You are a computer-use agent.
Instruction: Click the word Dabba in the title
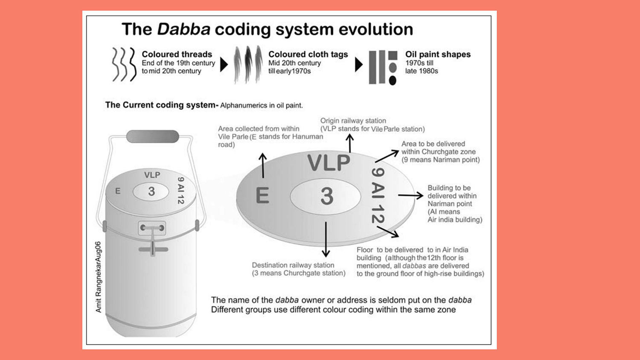[x=184, y=29]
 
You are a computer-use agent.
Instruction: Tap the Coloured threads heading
[x=177, y=54]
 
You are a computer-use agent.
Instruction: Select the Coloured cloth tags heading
[x=308, y=54]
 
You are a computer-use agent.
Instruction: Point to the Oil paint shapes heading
[x=438, y=54]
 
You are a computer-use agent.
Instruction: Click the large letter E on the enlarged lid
[x=262, y=195]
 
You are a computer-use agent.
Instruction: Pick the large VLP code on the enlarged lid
[x=329, y=163]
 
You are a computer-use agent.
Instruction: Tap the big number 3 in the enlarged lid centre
[x=327, y=196]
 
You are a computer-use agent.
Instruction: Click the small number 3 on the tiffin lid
[x=151, y=192]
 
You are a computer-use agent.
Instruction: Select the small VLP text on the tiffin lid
[x=152, y=175]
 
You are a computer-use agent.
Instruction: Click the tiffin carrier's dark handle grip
[x=153, y=136]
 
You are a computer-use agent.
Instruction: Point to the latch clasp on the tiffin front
[x=152, y=228]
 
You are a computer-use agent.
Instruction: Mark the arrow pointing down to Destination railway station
[x=326, y=239]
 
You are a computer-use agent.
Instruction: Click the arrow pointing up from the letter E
[x=263, y=165]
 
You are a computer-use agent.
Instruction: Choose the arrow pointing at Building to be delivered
[x=410, y=195]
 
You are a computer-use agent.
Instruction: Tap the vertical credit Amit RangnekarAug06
[x=98, y=277]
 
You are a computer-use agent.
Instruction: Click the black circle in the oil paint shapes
[x=393, y=81]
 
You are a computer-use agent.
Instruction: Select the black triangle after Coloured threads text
[x=224, y=65]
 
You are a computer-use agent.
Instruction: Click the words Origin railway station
[x=353, y=121]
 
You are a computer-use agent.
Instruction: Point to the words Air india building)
[x=455, y=219]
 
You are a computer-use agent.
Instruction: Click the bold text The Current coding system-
[x=162, y=105]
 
